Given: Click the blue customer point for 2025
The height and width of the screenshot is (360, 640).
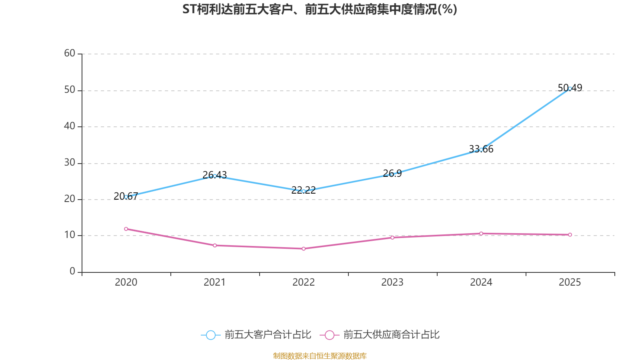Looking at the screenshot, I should pos(570,88).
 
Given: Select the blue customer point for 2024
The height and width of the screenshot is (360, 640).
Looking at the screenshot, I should pos(481,150).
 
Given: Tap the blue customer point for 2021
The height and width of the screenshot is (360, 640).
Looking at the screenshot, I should pos(215,176).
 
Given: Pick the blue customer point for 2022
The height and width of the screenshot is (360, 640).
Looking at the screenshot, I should pos(304,191).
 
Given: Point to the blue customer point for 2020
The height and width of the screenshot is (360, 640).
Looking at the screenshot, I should pos(126,197).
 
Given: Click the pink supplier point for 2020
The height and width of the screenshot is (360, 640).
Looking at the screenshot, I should pos(126,229).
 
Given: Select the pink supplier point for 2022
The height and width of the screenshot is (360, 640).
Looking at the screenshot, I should pos(304,249).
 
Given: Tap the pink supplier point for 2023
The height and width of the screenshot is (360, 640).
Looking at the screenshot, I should pos(392,238).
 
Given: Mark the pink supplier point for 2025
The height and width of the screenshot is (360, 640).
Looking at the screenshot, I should pos(570,235).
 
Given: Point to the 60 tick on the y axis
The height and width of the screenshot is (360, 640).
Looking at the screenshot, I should pos(70,53).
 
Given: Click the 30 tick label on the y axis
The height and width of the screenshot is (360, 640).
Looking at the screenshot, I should pos(70,162).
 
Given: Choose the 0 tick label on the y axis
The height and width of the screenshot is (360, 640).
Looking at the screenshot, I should pos(72,271).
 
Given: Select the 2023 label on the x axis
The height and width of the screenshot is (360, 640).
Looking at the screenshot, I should pos(392,282).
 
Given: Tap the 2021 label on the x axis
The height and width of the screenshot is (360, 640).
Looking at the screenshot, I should pos(215,282).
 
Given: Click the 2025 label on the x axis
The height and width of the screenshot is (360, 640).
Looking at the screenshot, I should pos(570,282).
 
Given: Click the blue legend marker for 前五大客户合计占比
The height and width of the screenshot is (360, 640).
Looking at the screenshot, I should pos(210,335).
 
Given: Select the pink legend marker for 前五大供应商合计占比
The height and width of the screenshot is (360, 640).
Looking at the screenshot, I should pos(329,335).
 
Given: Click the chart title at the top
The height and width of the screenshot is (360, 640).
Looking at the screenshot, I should pos(320,9).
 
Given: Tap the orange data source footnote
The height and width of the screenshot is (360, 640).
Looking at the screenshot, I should pos(320,356).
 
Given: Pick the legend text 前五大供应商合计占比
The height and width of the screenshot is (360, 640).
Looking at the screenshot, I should pos(391,335).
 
